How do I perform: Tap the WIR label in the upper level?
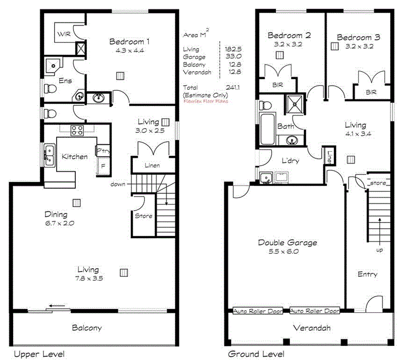point(64,34)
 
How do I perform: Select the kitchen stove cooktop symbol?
point(77,130)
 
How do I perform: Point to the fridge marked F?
point(102,168)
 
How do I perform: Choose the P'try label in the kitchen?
point(103,151)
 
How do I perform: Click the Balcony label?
point(87,328)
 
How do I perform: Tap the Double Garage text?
point(287,243)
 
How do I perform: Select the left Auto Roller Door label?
point(258,311)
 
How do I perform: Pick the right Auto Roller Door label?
point(315,311)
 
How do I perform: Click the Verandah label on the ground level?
point(312,328)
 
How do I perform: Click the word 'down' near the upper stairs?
point(118,185)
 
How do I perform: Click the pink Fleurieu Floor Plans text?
point(205,101)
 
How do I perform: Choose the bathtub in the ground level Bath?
point(267,129)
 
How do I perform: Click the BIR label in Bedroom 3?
point(371,92)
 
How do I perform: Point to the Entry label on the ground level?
point(367,274)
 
